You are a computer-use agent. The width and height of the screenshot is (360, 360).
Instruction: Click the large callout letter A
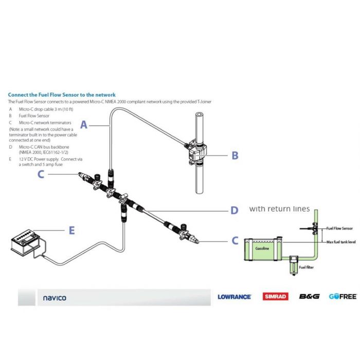85,124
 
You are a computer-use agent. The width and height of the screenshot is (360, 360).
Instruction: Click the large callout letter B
235,155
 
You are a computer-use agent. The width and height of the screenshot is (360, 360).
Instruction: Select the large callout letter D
234,210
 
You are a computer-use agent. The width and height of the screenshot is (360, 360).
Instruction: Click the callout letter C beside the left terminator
41,174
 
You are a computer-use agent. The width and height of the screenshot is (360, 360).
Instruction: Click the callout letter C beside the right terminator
235,241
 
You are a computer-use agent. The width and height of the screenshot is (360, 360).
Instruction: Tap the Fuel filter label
307,266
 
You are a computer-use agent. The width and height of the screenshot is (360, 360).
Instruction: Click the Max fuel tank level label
340,242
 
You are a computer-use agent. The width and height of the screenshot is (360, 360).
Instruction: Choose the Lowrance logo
234,297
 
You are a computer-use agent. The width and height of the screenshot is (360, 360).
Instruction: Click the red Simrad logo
276,297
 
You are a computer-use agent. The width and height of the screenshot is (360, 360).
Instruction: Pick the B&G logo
309,297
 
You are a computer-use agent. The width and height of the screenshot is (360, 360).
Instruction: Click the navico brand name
54,297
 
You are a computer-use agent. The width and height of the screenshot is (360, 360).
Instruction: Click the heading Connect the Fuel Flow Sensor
62,95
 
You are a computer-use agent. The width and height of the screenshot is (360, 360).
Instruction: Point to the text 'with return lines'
279,209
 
